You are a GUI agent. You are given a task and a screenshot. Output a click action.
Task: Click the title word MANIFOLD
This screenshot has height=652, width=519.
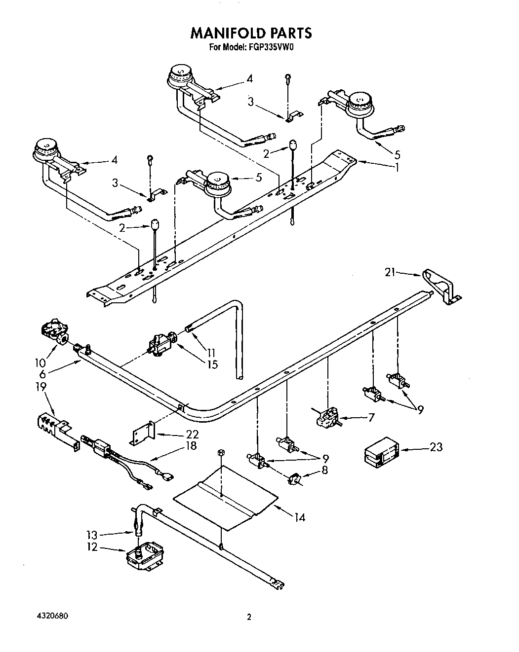pos(228,33)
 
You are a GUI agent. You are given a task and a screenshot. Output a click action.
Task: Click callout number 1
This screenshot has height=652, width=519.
pos(396,167)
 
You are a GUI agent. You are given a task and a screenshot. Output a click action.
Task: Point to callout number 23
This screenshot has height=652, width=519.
pos(436,447)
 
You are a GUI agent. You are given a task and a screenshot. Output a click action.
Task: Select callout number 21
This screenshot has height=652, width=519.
pos(391,271)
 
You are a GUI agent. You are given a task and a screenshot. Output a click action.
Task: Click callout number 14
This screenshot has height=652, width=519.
pos(299,517)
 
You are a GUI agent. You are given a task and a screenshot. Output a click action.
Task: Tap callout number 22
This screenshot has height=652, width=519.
pos(192,434)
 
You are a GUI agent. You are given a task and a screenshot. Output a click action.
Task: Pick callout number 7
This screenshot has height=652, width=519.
pos(371,417)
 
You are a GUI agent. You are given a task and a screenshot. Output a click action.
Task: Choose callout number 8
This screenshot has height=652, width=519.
pos(324,470)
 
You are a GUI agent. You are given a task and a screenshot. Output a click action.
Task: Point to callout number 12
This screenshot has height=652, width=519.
pos(92,547)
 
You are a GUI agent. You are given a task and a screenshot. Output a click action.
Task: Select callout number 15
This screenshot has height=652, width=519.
pos(212,364)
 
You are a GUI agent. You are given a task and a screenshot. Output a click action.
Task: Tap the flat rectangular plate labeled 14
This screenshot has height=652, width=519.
pos(225,498)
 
